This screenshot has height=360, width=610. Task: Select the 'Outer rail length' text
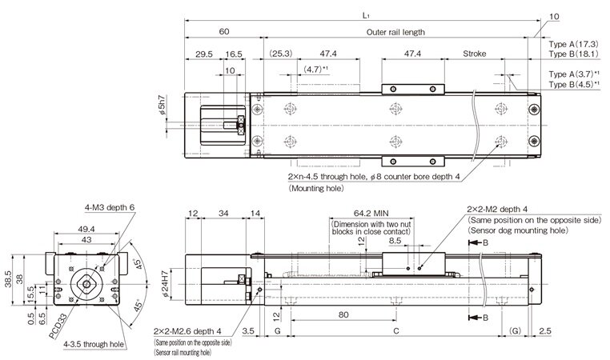point(395,33)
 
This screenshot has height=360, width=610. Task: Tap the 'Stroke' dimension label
point(475,54)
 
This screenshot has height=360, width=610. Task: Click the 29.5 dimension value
point(203,54)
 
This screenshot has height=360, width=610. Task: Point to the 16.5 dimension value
point(234,54)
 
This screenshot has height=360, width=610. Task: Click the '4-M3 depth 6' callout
point(109,208)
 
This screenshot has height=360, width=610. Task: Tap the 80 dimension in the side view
point(343,315)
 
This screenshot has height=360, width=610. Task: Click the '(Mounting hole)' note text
point(317,189)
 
